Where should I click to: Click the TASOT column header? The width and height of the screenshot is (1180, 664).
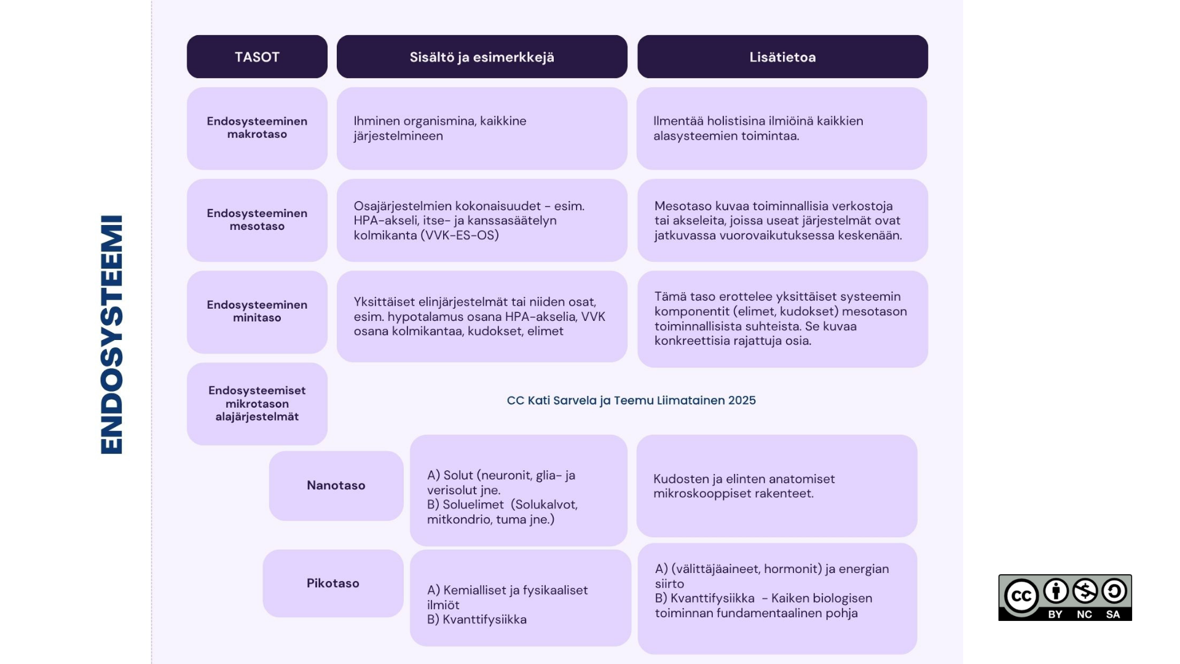point(257,57)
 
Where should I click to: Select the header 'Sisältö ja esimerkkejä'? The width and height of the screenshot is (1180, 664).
point(482,57)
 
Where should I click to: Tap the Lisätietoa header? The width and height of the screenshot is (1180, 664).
point(782,57)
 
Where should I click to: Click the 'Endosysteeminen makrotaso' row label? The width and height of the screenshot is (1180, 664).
point(257,128)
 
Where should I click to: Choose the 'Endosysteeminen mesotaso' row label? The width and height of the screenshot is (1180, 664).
point(257,220)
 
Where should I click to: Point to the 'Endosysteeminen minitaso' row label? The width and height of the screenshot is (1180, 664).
point(257,312)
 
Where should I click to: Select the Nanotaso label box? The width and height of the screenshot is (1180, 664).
point(336,486)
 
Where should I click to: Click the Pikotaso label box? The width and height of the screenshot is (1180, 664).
point(333,583)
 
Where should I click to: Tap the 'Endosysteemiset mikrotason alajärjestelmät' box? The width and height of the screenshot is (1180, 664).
point(257,404)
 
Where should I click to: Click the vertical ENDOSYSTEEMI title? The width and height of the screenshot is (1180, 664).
point(112,334)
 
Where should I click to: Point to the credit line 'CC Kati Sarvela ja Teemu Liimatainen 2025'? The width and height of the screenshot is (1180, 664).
point(631,400)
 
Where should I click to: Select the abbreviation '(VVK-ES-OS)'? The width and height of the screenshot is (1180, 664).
point(460,235)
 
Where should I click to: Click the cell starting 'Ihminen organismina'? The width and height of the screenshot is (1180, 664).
point(482,128)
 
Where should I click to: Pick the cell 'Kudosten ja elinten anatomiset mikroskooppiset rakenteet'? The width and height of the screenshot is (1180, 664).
point(777,486)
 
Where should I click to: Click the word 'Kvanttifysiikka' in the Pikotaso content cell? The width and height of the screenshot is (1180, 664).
point(485,620)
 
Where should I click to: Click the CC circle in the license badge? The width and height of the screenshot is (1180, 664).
point(1021,596)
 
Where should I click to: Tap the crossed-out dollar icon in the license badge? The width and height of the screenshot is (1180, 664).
point(1085,591)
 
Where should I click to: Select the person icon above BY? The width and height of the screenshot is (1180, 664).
point(1056,591)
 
